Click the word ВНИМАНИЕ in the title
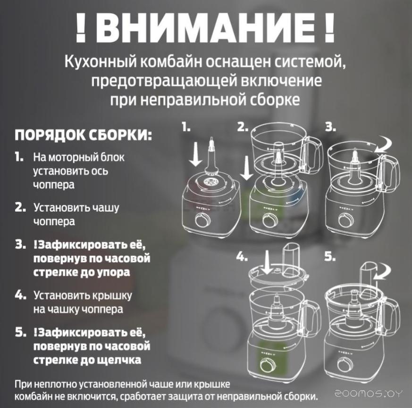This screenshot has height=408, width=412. point(205,28)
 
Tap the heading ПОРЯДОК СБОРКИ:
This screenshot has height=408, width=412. point(83,135)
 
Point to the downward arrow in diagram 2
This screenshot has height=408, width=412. point(246,168)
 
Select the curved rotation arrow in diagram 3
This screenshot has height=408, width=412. point(384,146)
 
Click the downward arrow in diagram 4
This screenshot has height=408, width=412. point(267,262)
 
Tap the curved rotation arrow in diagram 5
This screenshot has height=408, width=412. point(383,272)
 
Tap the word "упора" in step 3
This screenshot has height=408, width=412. point(114,272)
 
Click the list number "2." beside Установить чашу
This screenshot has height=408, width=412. point(20,208)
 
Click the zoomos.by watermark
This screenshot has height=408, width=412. point(369,393)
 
